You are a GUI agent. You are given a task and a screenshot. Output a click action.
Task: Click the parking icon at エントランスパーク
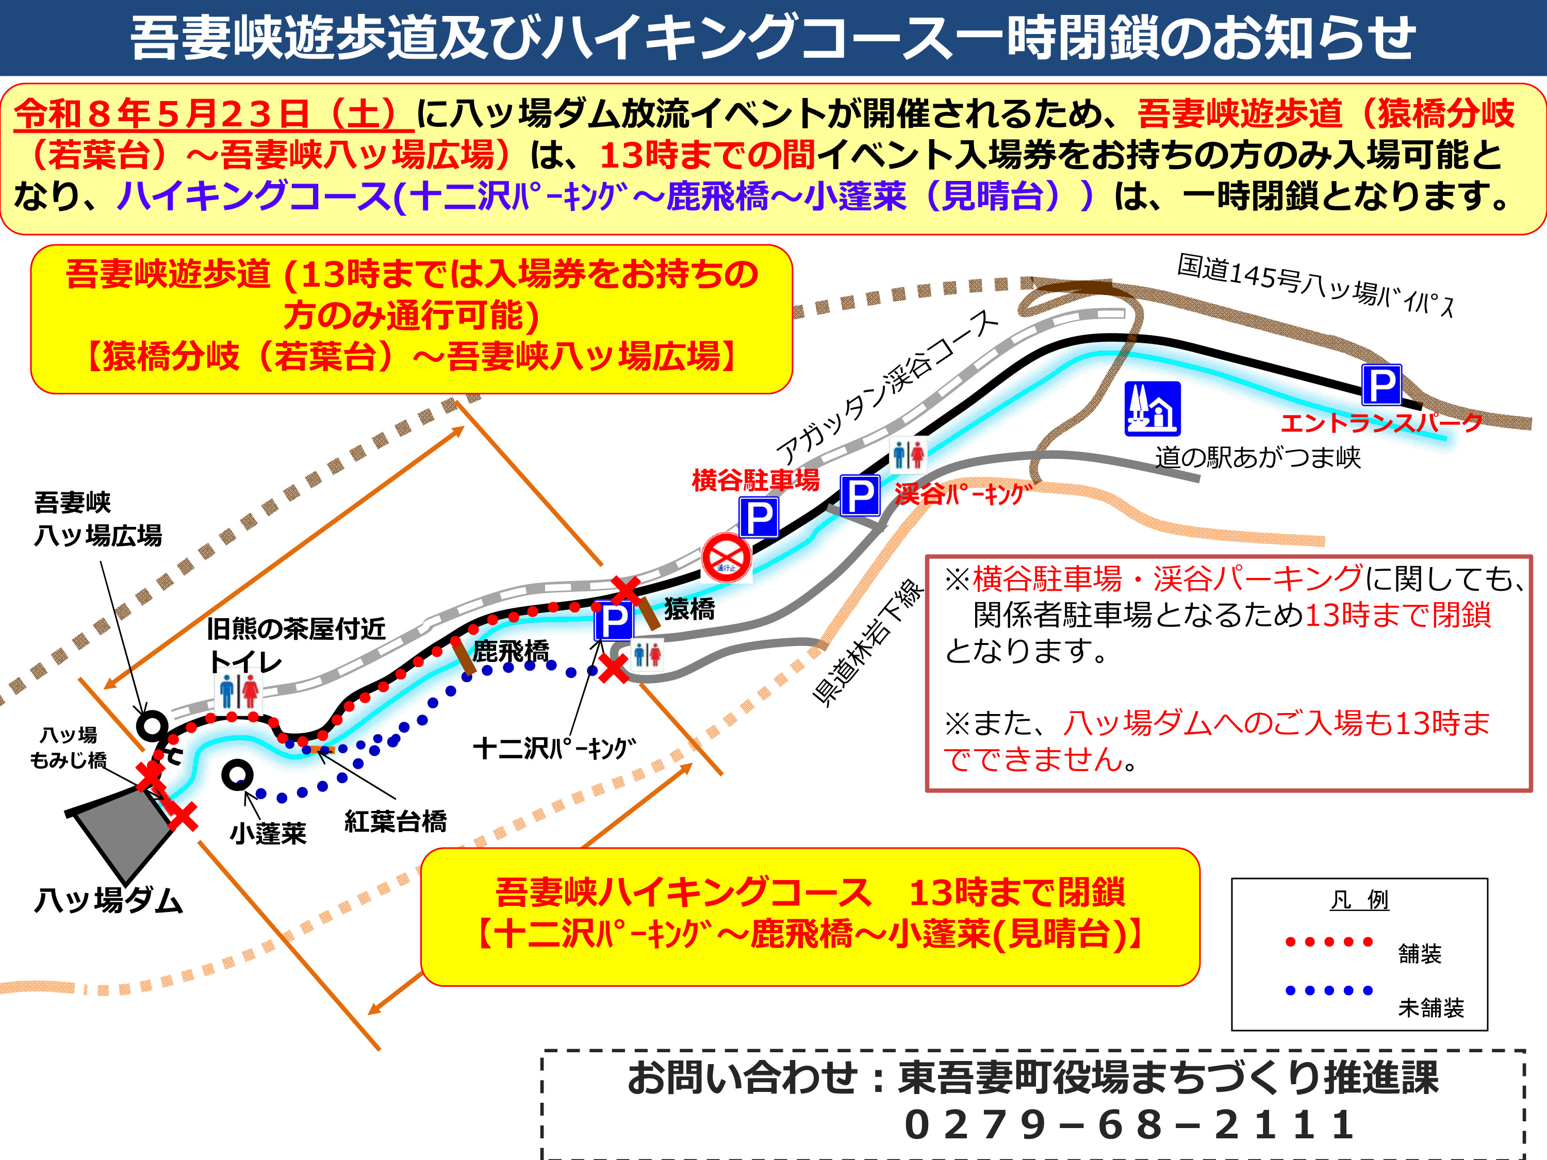[1381, 385]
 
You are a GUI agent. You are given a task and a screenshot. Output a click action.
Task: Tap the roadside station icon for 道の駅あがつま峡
[1153, 409]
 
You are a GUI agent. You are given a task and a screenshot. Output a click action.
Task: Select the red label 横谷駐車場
[755, 480]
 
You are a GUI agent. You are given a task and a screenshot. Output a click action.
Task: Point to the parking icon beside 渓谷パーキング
[860, 496]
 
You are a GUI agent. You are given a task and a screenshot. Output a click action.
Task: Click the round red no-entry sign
[727, 557]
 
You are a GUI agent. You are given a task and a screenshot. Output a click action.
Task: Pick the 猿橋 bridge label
[689, 608]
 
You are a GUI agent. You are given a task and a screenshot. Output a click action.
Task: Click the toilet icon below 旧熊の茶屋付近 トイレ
[238, 691]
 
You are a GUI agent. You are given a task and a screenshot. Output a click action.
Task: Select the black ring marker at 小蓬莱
[237, 774]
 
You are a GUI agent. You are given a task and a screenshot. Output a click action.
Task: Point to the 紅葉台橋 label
[395, 821]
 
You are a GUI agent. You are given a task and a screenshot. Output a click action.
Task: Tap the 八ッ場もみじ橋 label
[69, 748]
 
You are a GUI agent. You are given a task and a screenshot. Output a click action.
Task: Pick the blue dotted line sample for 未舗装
[1329, 990]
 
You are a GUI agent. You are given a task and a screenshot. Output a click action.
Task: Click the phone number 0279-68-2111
[1129, 1125]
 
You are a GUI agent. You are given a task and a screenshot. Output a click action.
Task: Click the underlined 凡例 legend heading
[1359, 900]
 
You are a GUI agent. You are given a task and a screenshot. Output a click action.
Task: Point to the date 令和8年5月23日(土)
[213, 114]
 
